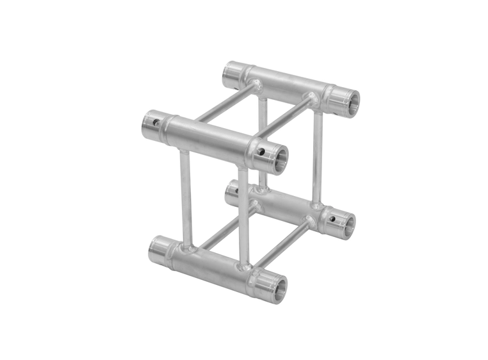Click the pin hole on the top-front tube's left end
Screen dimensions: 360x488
coord(155,119)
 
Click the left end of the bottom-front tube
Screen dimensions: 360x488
coord(160,247)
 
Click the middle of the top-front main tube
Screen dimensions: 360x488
coord(208,135)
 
